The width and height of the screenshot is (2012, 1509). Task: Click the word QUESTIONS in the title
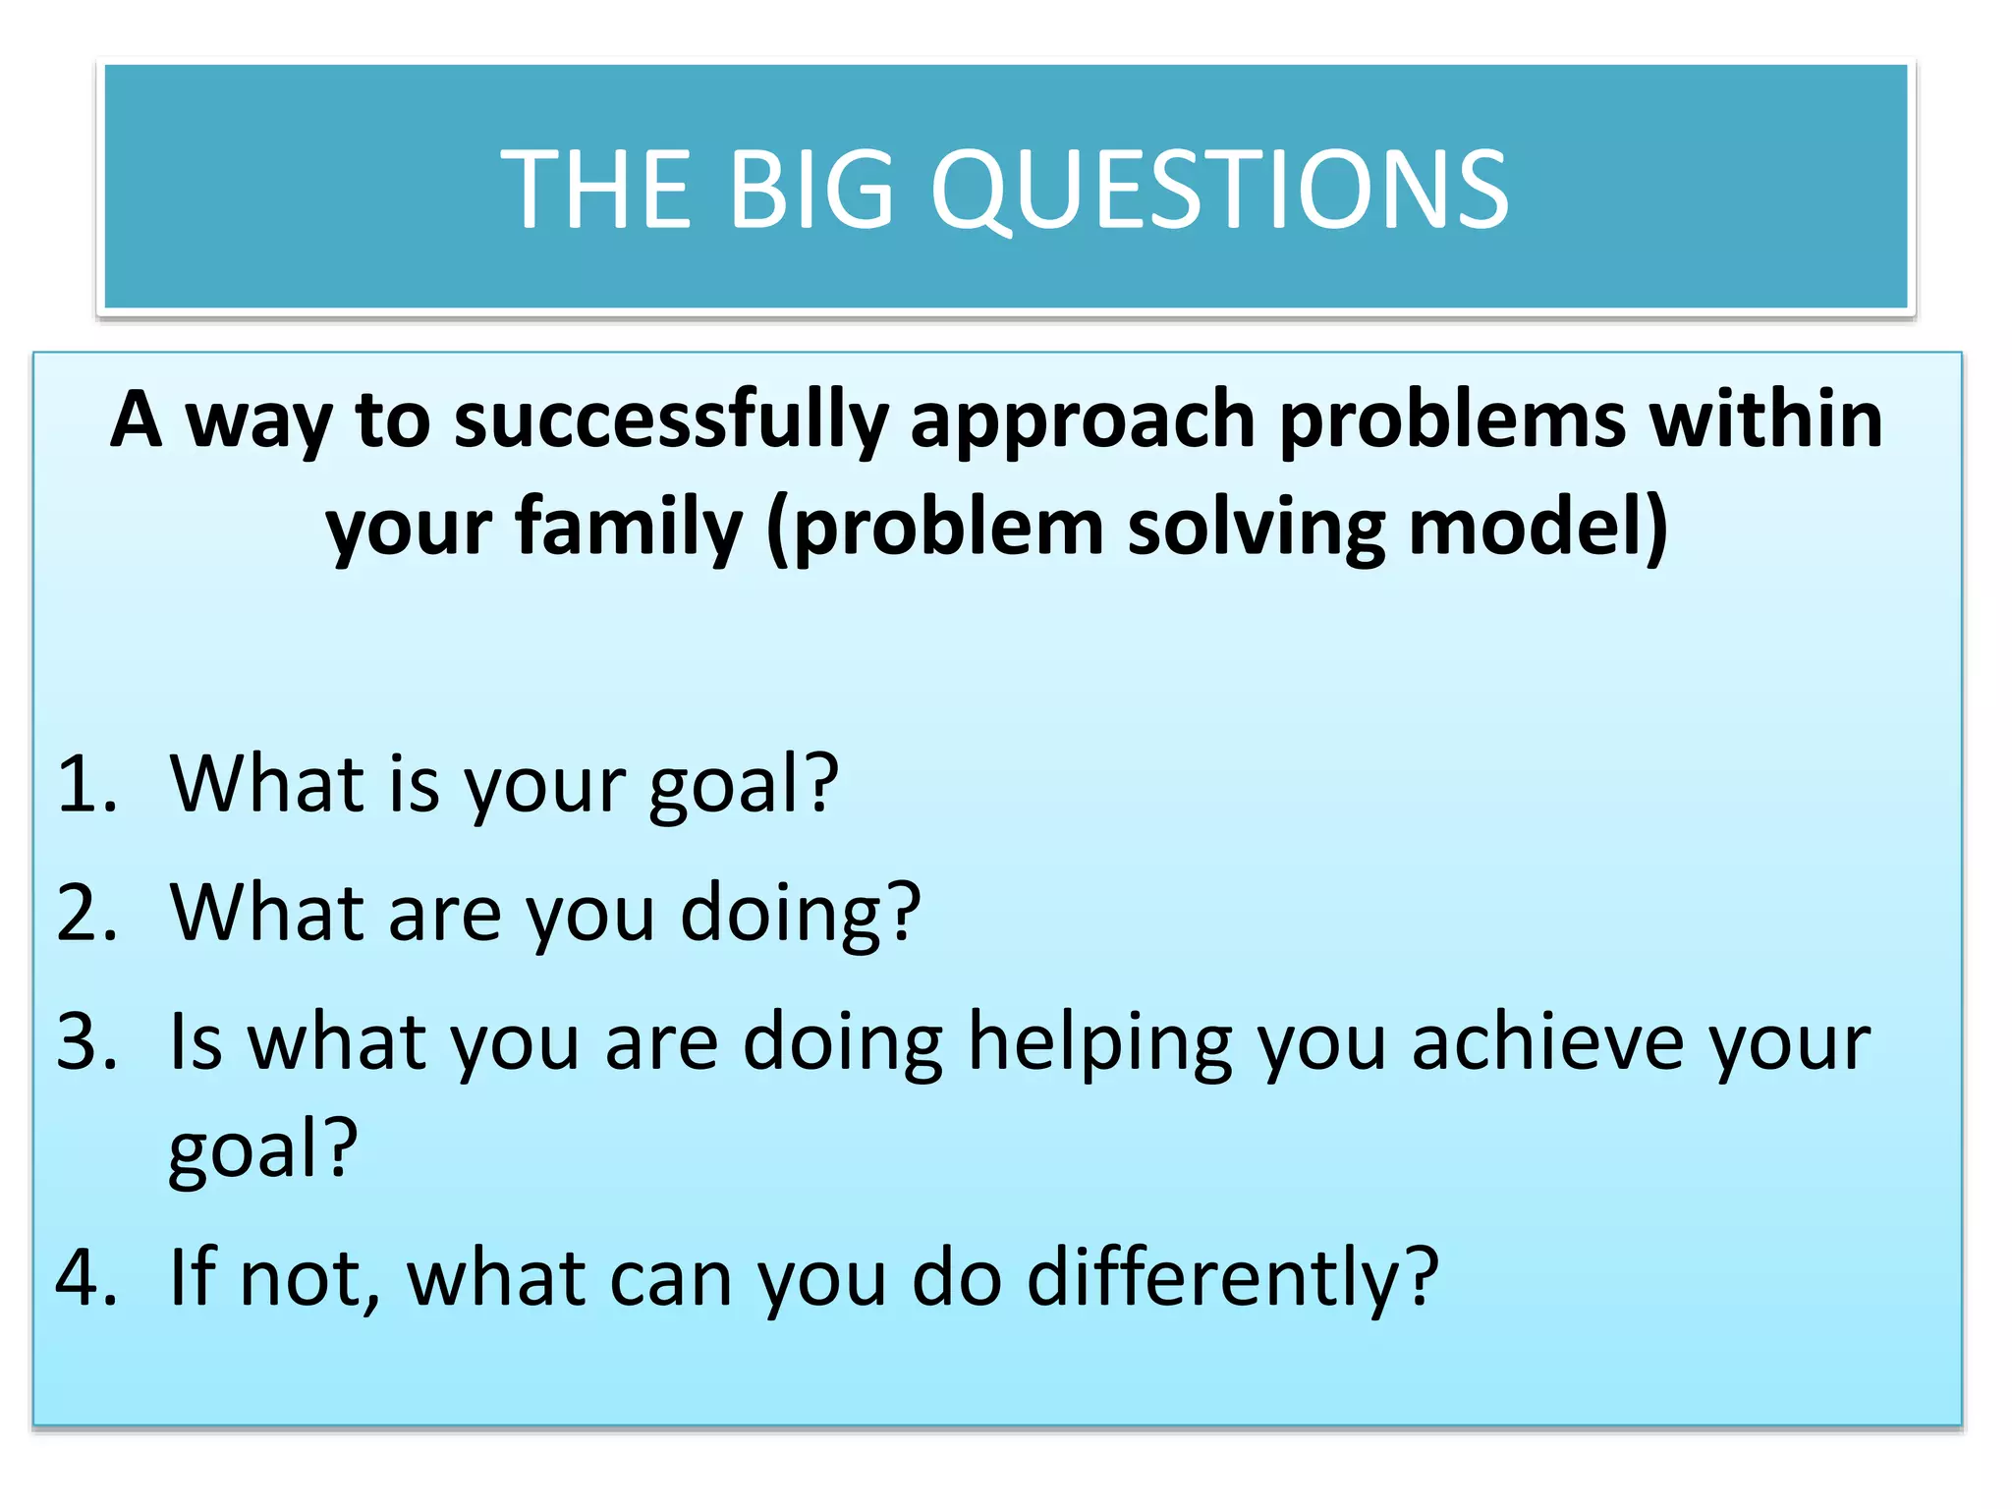click(x=1218, y=190)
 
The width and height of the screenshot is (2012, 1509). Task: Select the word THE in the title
click(x=596, y=190)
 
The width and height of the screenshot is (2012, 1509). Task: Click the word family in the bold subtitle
click(x=629, y=529)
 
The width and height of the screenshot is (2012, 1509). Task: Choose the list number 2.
click(x=86, y=913)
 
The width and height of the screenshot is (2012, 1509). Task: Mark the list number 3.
click(x=86, y=1042)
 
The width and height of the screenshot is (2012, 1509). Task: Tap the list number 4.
click(x=86, y=1278)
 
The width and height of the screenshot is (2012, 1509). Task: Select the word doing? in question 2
click(x=801, y=915)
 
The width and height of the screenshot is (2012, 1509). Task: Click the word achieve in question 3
click(x=1547, y=1042)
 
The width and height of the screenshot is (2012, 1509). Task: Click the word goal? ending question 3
click(x=263, y=1149)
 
